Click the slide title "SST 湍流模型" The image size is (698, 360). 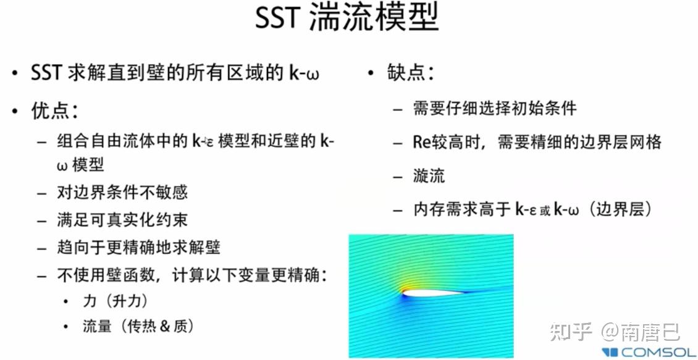(x=348, y=19)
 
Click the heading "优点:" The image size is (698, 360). (x=54, y=111)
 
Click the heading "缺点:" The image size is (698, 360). (x=411, y=73)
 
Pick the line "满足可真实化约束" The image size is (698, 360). (x=122, y=220)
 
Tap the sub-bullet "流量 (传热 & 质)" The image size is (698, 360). (x=138, y=326)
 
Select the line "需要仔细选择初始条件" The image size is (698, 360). (x=494, y=109)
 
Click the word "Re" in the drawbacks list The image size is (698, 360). (x=421, y=143)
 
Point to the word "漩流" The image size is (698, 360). (x=429, y=176)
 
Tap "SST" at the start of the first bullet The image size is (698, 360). (x=46, y=73)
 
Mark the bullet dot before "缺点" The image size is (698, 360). (x=371, y=73)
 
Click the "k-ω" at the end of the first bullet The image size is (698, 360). (x=303, y=73)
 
